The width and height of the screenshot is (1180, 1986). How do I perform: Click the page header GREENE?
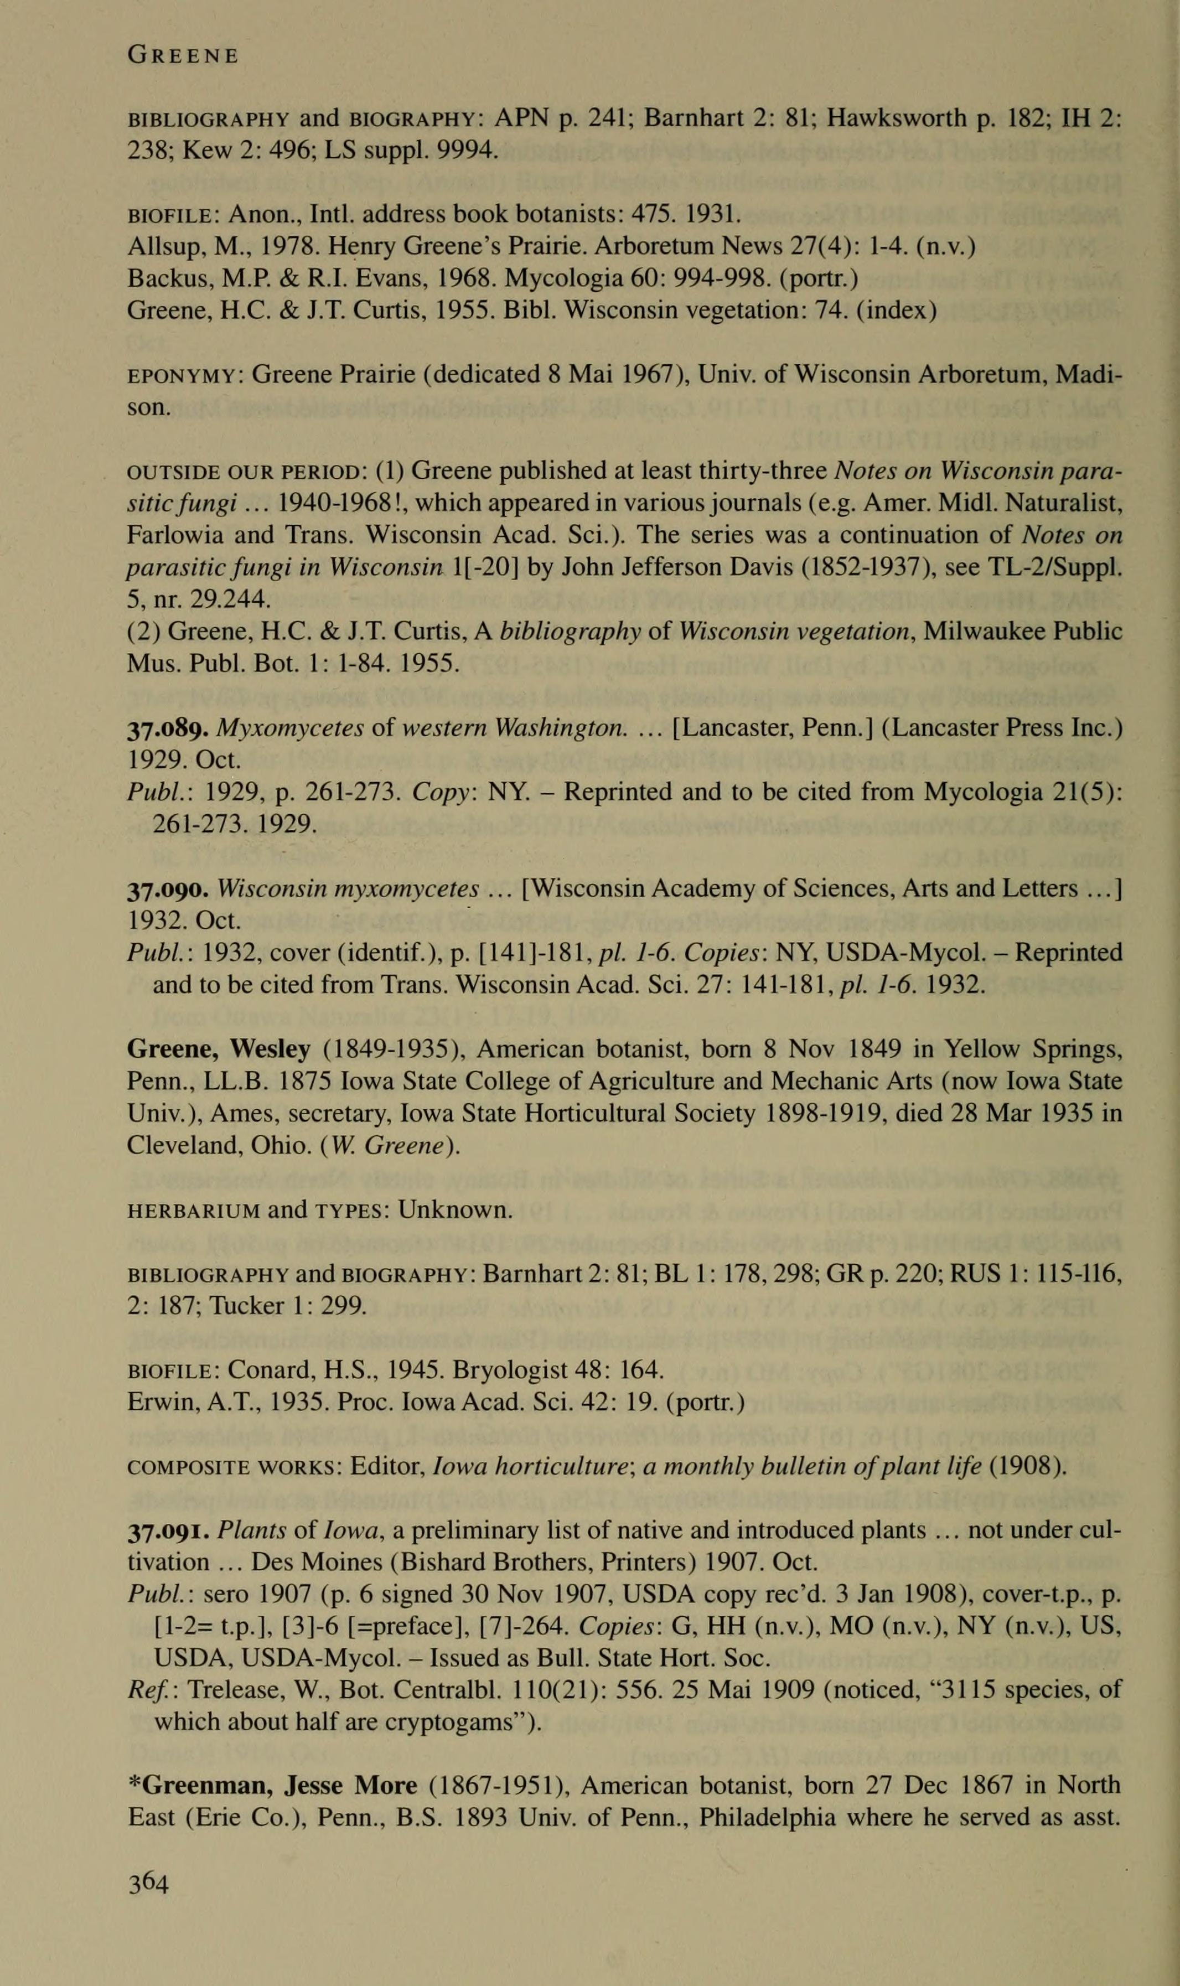click(x=182, y=56)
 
